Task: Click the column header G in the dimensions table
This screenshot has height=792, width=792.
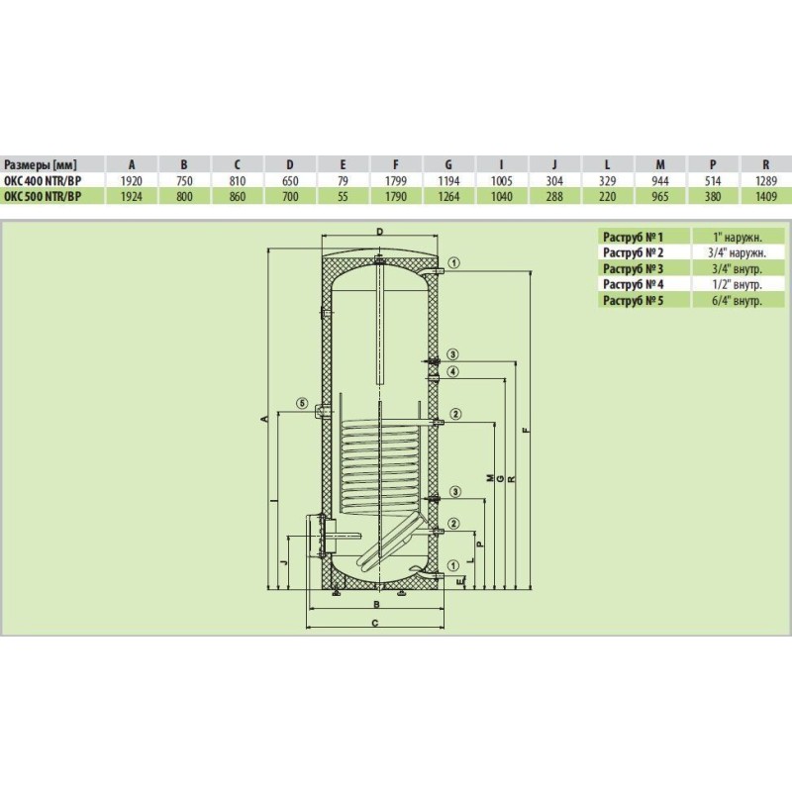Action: click(448, 164)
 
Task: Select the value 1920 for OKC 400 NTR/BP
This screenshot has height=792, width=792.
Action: click(132, 181)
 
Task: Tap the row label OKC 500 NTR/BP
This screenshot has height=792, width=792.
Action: click(42, 196)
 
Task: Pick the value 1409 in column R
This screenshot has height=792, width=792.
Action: click(765, 196)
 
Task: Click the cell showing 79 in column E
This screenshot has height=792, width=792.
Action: click(343, 181)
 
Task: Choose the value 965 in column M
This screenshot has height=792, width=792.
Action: click(660, 196)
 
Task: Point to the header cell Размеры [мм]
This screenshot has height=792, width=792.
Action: click(41, 164)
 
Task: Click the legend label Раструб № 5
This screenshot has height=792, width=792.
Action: click(633, 301)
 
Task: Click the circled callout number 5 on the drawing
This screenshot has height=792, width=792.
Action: click(302, 403)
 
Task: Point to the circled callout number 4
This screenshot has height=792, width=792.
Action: click(453, 372)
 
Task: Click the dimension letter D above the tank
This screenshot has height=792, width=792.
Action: click(380, 232)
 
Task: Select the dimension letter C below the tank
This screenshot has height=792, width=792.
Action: click(375, 623)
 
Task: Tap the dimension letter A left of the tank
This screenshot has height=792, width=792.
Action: click(263, 419)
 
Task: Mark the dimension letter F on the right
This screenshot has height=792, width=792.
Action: click(526, 431)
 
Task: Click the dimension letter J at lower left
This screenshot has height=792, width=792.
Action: click(283, 562)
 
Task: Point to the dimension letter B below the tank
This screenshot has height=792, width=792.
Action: click(376, 604)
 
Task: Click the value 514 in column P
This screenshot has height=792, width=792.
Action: click(713, 181)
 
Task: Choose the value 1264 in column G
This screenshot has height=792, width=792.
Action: click(448, 196)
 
